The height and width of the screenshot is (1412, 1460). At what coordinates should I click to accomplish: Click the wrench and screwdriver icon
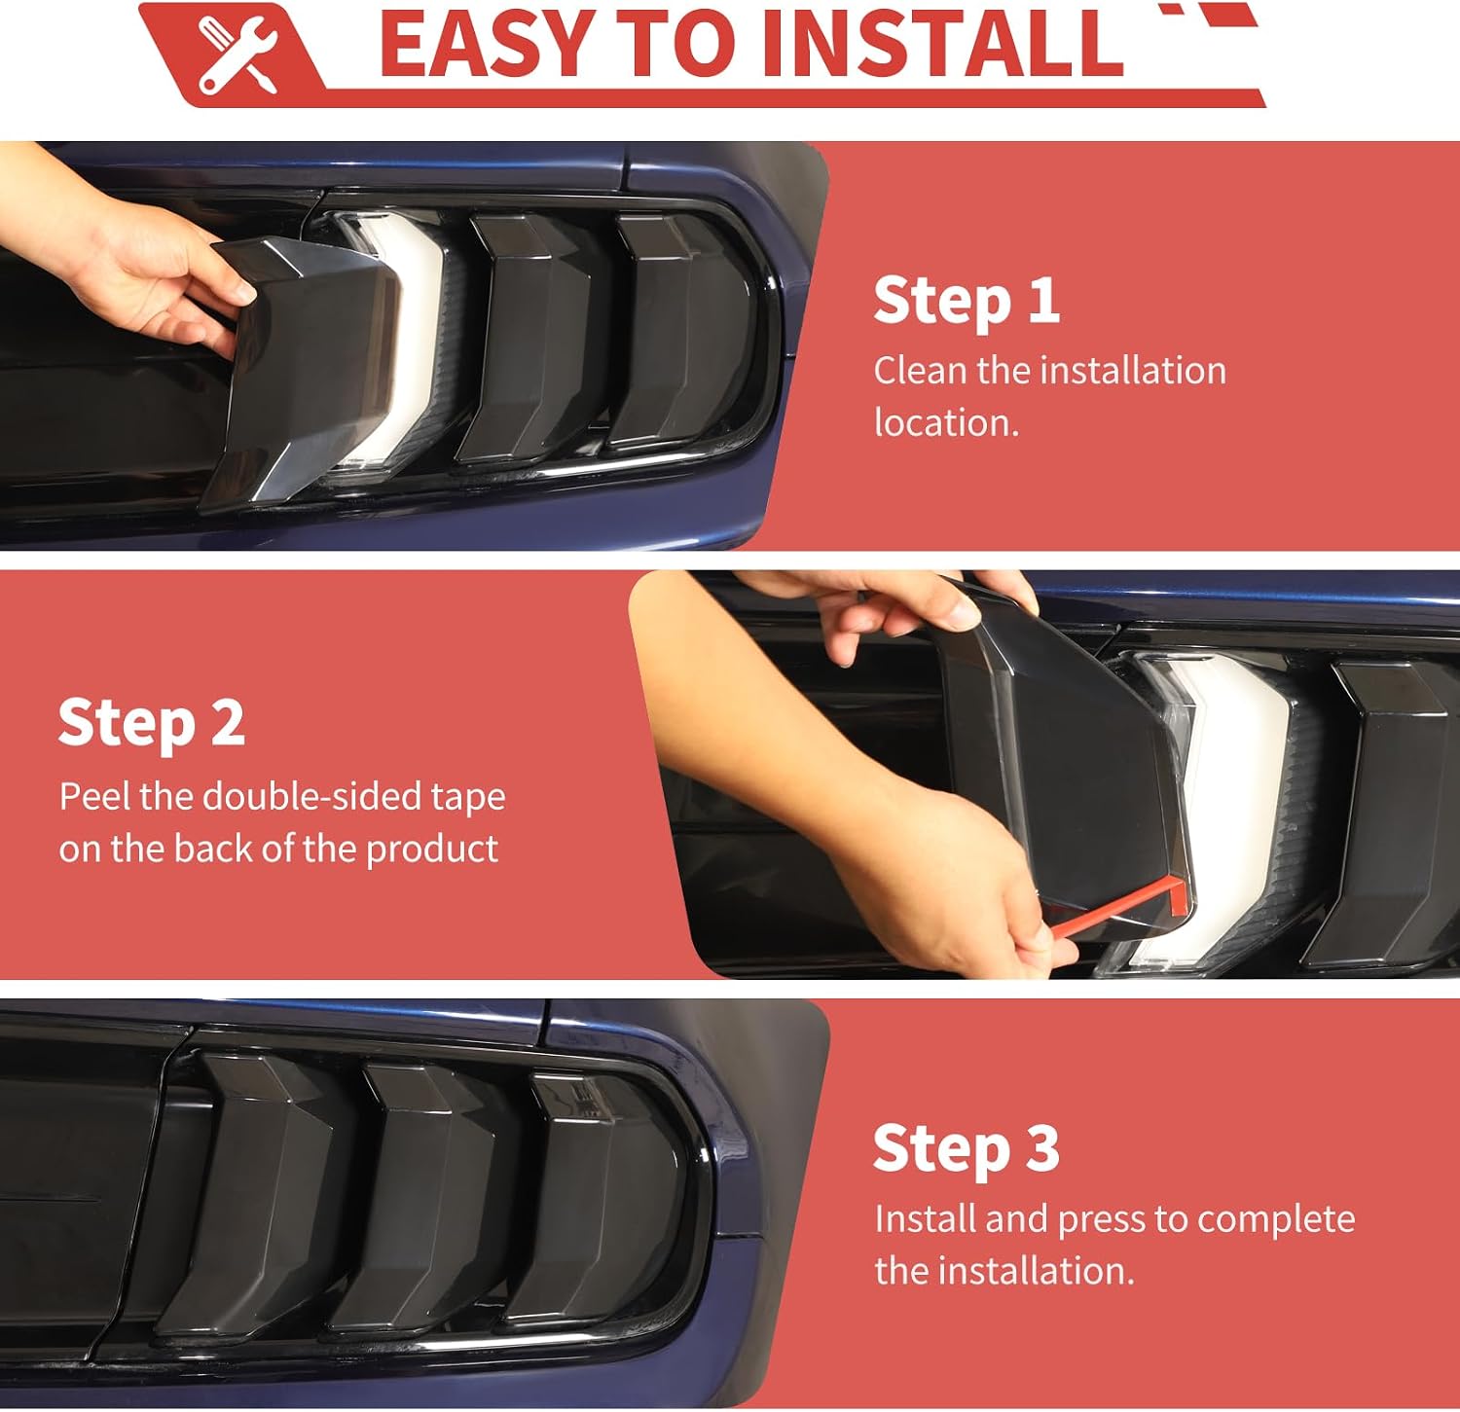coord(238,54)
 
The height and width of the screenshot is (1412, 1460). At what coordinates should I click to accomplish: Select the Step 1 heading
coord(966,300)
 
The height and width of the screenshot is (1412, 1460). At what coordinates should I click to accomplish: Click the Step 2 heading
coord(151,723)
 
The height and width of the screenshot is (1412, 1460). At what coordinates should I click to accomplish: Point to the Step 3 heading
coord(966,1148)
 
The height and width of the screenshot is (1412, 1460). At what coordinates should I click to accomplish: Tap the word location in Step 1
coord(946,422)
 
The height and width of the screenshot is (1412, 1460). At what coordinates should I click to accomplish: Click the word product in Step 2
coord(432,850)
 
